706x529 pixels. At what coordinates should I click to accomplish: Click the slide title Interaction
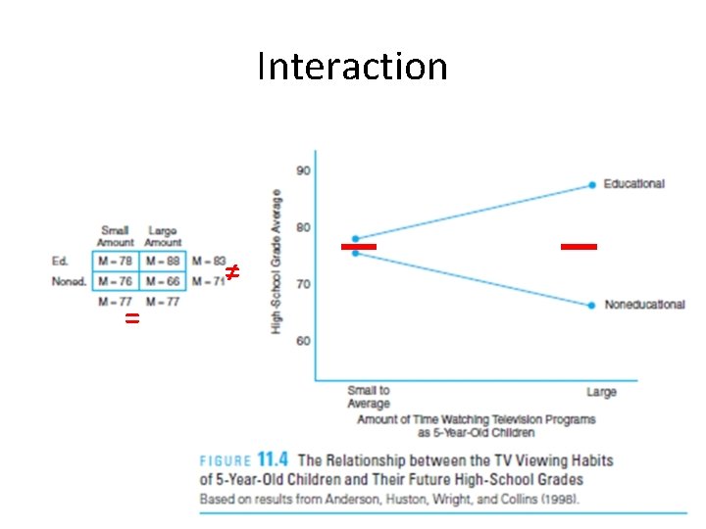point(352,67)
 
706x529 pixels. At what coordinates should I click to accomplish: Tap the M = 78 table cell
point(116,261)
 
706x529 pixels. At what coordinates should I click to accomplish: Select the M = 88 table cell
point(162,261)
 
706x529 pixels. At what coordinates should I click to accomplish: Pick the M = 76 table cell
point(116,281)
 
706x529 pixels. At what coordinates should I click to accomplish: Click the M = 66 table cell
point(162,281)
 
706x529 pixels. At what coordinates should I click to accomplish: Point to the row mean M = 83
point(208,261)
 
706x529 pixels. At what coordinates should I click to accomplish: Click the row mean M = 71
point(206,281)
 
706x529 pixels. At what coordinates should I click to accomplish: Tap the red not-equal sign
point(232,271)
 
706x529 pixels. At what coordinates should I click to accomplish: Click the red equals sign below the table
point(132,320)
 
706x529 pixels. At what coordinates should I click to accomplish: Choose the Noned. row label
point(69,281)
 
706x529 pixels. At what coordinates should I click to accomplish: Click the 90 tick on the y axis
point(304,170)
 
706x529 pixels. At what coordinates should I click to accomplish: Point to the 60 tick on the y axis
point(304,341)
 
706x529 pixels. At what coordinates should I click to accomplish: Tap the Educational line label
point(633,183)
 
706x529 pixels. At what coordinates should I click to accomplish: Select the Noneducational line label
point(644,305)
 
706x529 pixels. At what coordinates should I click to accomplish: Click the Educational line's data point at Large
point(592,184)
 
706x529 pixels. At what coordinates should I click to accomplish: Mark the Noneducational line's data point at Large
point(592,305)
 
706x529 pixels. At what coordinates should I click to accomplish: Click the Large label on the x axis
point(601,392)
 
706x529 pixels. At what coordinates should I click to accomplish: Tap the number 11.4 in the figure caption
point(274,459)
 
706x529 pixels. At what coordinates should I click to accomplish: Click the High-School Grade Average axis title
point(277,261)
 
